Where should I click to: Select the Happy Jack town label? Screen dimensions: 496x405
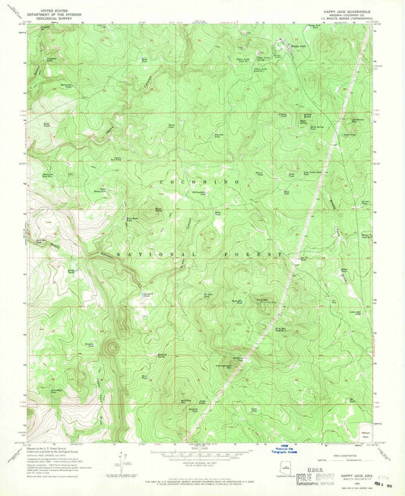[299, 47]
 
